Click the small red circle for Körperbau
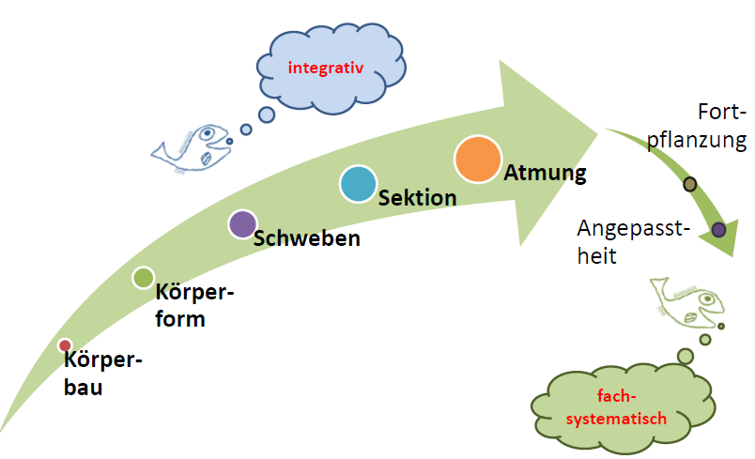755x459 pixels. point(65,345)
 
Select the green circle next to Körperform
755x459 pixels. point(143,277)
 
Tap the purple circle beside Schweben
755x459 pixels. point(242,224)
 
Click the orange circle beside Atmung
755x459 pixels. point(478,160)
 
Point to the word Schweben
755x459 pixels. point(307,238)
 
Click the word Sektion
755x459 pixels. point(417,198)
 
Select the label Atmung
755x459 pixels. point(545,174)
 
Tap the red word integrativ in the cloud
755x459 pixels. point(324,67)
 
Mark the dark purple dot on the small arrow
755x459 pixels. point(718,229)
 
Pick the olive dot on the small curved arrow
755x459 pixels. point(690,184)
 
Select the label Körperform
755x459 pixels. point(193,305)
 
